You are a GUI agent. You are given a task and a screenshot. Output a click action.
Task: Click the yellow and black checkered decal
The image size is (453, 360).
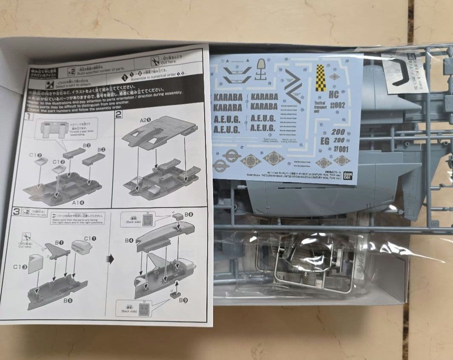(x=320, y=78)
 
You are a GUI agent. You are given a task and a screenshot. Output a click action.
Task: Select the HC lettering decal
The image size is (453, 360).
(x=334, y=95)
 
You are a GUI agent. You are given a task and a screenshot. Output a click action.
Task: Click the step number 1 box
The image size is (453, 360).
(x=28, y=116)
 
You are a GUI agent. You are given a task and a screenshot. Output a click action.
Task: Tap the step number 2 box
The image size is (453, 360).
(x=118, y=114)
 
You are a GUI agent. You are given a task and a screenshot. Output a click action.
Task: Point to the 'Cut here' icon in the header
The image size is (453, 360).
(x=155, y=60)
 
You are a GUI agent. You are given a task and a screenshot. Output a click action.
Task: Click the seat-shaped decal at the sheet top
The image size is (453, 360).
(x=261, y=68)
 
